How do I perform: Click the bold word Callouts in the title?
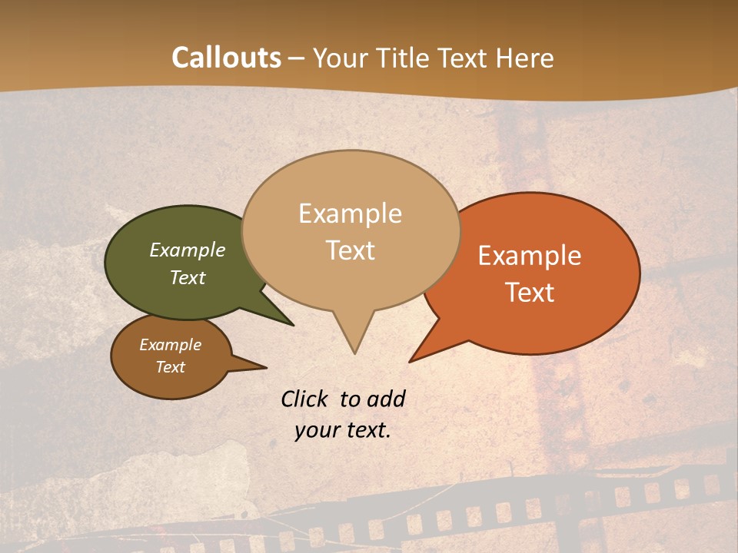coord(226,58)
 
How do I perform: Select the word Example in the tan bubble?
coord(350,214)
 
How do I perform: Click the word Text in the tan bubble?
coord(350,250)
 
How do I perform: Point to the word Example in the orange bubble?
coord(530,256)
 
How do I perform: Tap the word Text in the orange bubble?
coord(530,292)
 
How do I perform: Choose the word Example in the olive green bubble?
coord(188,250)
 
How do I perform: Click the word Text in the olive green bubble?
coord(188,277)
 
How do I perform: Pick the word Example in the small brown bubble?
coord(170,345)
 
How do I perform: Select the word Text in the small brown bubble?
coord(170,367)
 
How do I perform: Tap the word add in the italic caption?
coord(387,399)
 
